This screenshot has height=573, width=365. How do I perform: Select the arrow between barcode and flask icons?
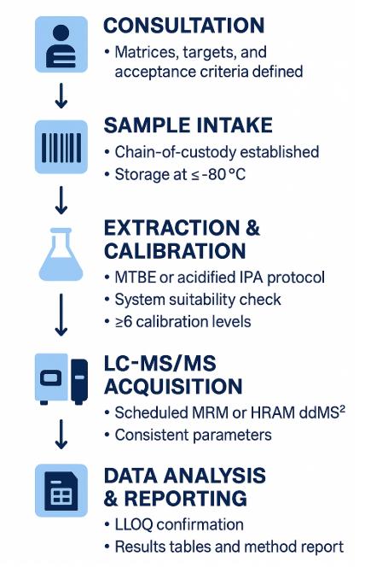[61, 202]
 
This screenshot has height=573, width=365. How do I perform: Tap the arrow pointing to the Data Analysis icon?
[61, 436]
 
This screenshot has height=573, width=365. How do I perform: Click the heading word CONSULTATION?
[183, 25]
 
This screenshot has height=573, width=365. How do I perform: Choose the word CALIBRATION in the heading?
[175, 251]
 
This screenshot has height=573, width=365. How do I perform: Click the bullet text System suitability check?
[198, 300]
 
